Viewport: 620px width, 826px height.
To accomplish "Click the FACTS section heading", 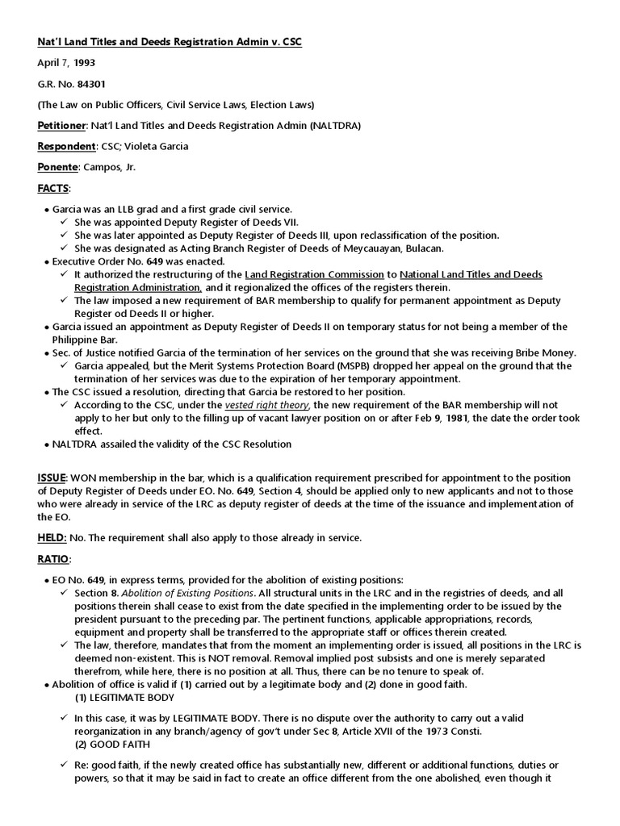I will tap(53, 188).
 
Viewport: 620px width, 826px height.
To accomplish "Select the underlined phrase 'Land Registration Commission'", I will tap(315, 275).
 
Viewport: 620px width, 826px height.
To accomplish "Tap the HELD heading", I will tap(51, 538).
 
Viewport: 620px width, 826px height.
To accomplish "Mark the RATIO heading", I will tap(54, 559).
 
